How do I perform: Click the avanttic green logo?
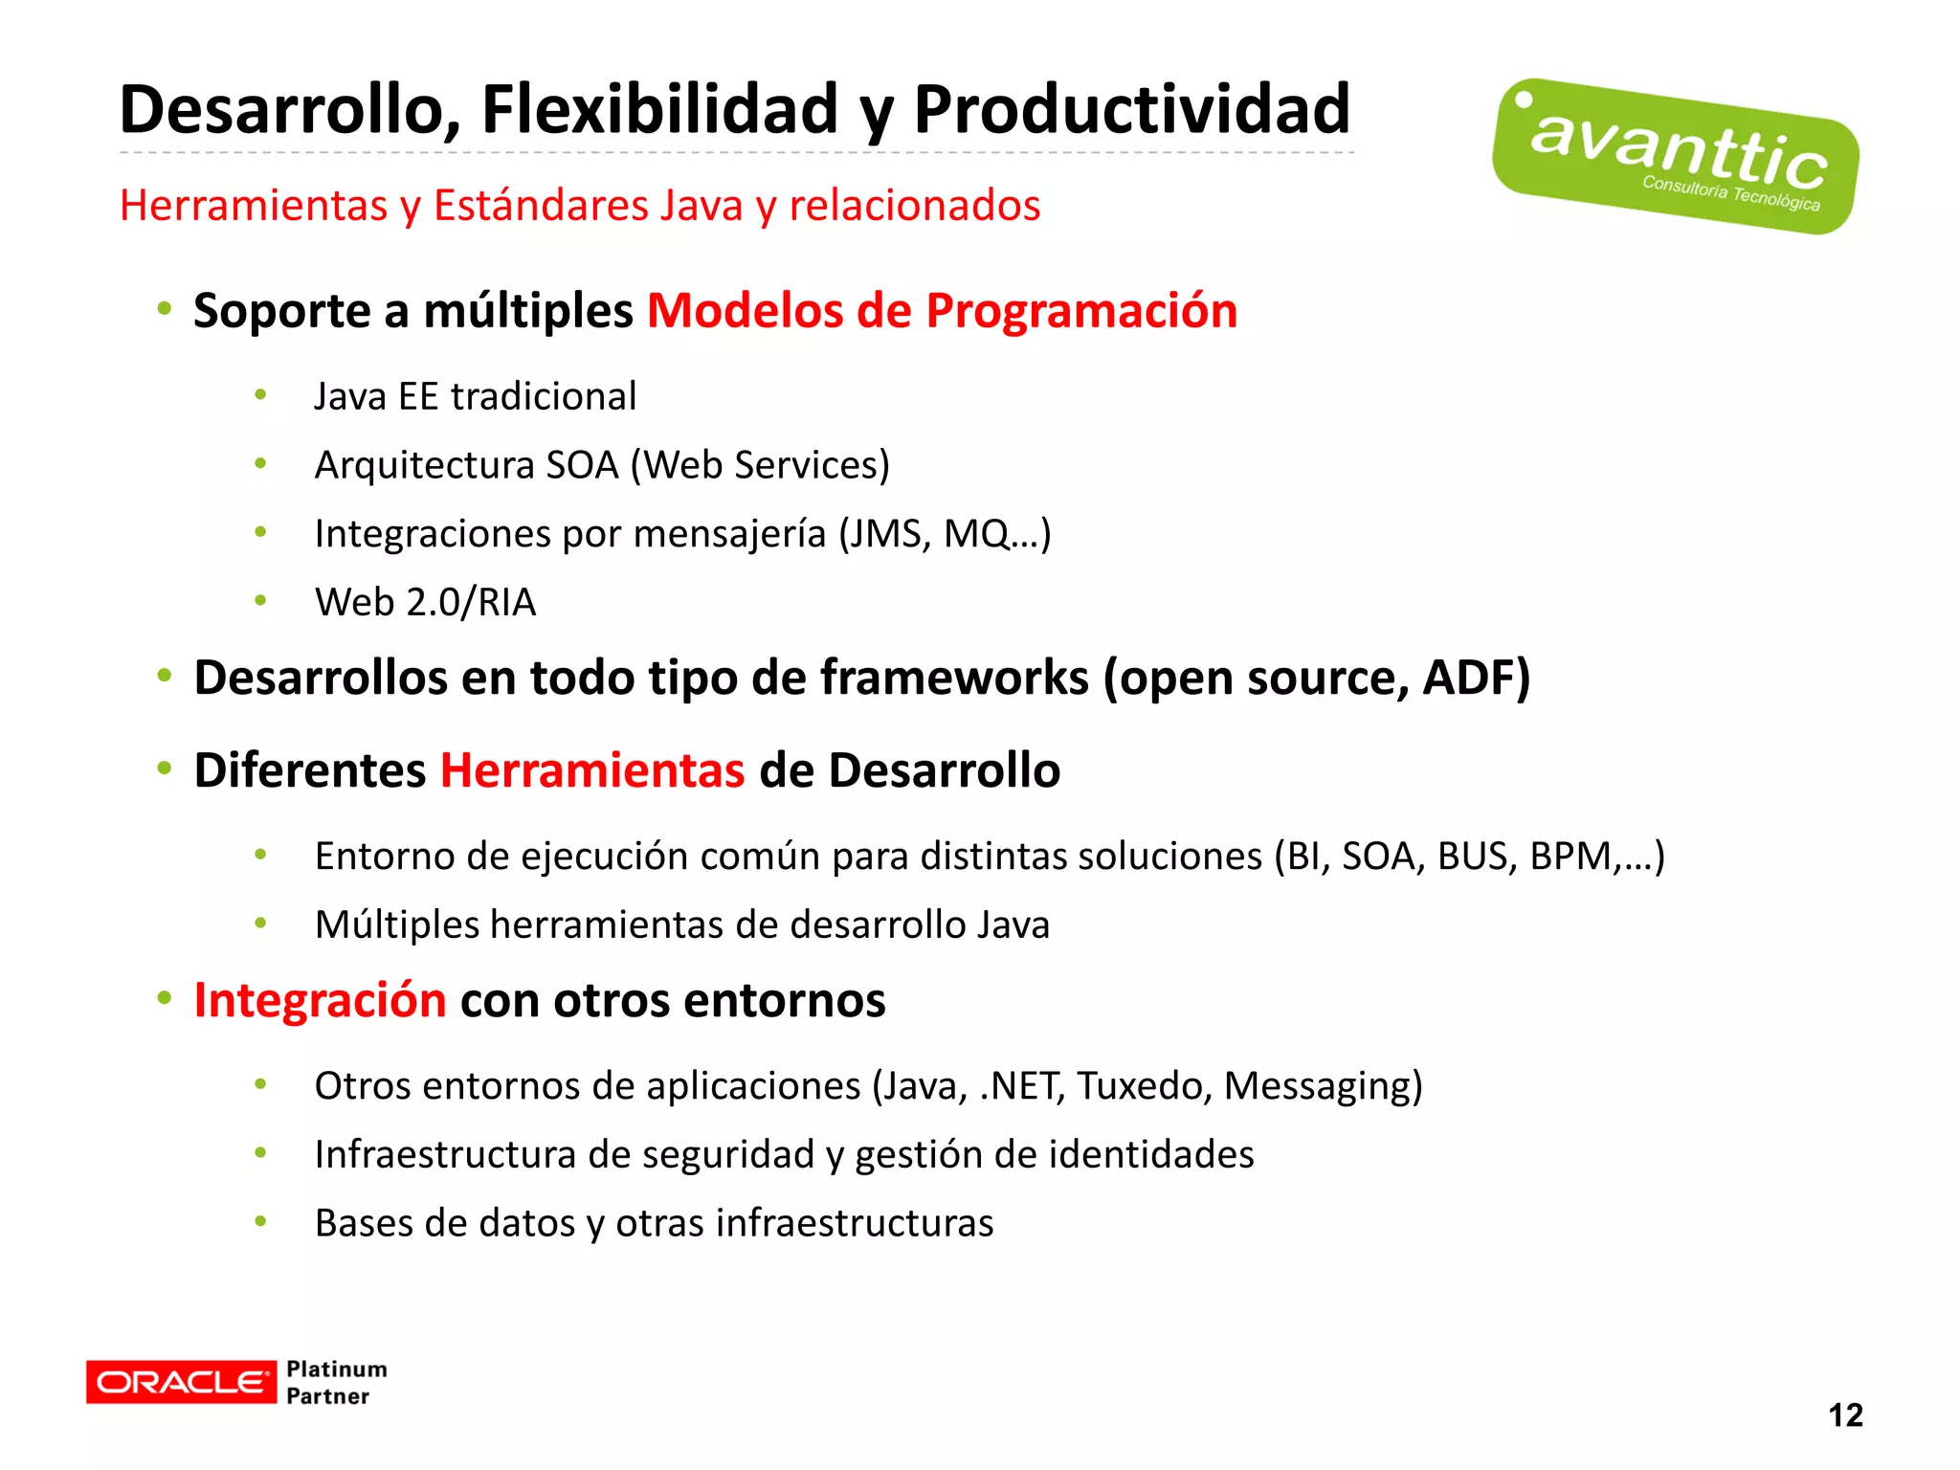click(x=1675, y=156)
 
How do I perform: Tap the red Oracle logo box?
click(x=181, y=1382)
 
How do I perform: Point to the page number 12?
click(x=1844, y=1414)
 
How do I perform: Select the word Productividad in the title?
click(x=1131, y=109)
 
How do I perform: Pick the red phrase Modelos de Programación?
click(x=942, y=311)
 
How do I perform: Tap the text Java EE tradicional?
click(x=475, y=396)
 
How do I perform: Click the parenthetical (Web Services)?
click(x=760, y=465)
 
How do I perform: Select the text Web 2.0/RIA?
click(x=425, y=602)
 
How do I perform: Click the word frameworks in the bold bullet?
click(x=954, y=678)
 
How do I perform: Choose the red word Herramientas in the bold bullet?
click(x=591, y=770)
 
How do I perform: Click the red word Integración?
click(x=320, y=1000)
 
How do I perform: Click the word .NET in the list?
click(x=1022, y=1086)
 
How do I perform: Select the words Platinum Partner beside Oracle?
click(x=336, y=1382)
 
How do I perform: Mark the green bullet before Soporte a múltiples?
click(x=165, y=309)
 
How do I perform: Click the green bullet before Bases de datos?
click(x=260, y=1221)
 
